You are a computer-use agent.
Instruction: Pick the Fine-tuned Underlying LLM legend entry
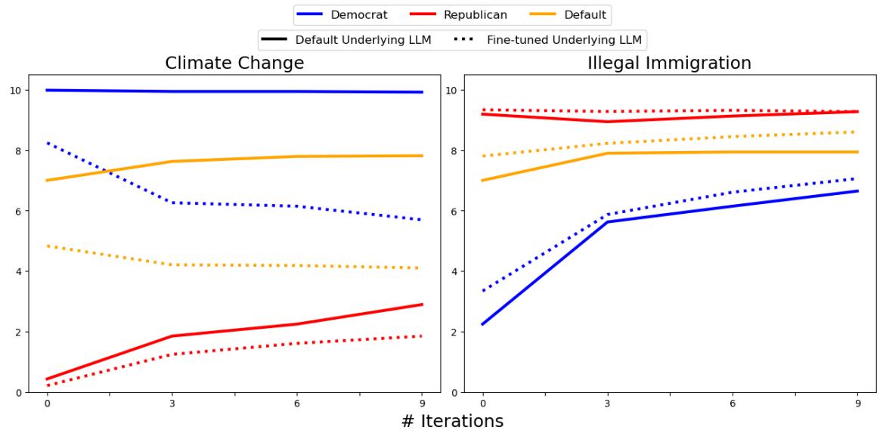[x=559, y=39]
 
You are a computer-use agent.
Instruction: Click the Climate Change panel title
[x=234, y=63]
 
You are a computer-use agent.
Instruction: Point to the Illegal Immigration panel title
[x=669, y=63]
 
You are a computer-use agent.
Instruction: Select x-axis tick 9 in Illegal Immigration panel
[x=857, y=404]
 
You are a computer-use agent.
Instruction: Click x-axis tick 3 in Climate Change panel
[x=172, y=404]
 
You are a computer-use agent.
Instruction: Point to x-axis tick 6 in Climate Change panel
[x=297, y=404]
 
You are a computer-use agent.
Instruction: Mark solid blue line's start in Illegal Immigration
[x=483, y=324]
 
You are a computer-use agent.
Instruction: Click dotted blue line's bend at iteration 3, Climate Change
[x=172, y=203]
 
